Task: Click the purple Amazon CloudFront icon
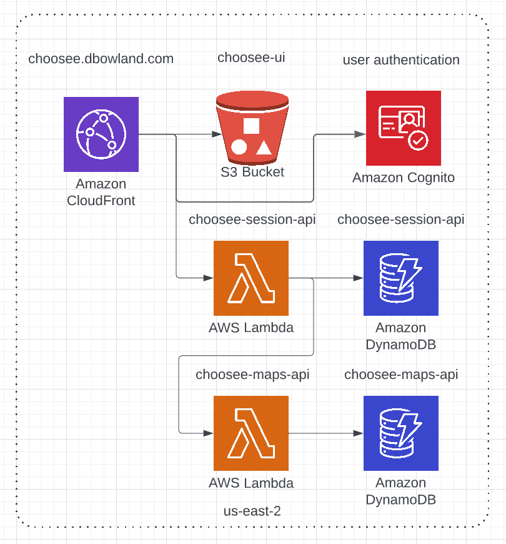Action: tap(101, 134)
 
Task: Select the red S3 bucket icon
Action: tap(251, 128)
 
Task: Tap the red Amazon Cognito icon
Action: tap(403, 128)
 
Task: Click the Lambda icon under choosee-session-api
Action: tap(251, 278)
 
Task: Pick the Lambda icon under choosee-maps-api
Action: tap(251, 433)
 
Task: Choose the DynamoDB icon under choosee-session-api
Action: tap(400, 278)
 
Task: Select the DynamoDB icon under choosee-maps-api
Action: tap(400, 433)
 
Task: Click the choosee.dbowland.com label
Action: tap(101, 59)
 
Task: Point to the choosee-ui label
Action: tap(251, 58)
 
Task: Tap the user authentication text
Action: tap(401, 60)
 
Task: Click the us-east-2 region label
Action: tap(252, 511)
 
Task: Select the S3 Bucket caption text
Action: tap(252, 172)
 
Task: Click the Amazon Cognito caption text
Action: tap(404, 178)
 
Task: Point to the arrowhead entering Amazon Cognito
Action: tap(360, 134)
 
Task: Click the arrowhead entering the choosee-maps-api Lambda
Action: tap(207, 433)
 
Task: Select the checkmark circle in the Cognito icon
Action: tap(417, 141)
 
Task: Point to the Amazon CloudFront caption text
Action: tap(101, 193)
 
